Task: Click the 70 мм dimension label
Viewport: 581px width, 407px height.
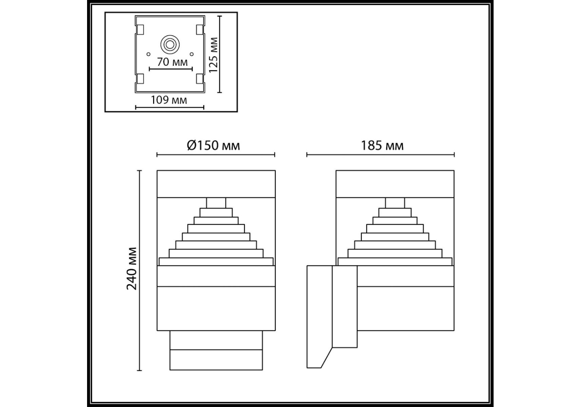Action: pyautogui.click(x=172, y=62)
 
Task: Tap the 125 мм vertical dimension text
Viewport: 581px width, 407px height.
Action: pyautogui.click(x=213, y=55)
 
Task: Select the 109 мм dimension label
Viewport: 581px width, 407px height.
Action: pyautogui.click(x=169, y=100)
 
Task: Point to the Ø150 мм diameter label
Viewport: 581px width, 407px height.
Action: pyautogui.click(x=213, y=146)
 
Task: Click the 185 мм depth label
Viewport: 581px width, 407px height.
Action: pyautogui.click(x=382, y=146)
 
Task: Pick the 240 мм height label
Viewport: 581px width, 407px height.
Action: pyautogui.click(x=132, y=269)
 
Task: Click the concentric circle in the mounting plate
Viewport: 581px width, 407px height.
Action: pyautogui.click(x=170, y=44)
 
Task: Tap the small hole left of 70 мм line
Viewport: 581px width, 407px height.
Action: pyautogui.click(x=148, y=54)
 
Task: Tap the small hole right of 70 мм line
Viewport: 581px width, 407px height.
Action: pyautogui.click(x=191, y=54)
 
